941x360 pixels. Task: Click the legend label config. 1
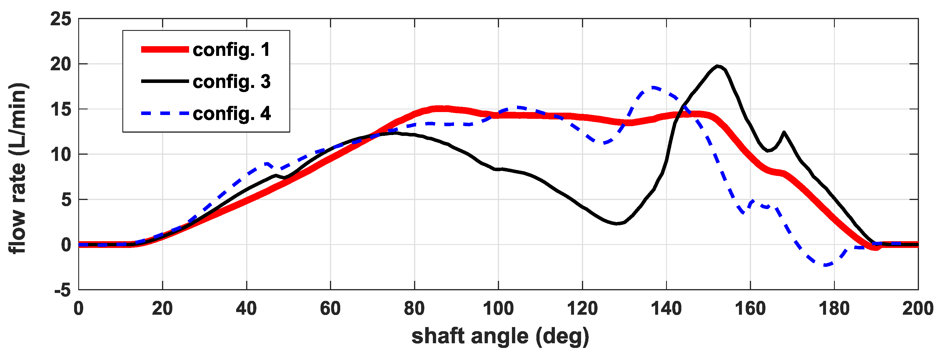click(x=231, y=50)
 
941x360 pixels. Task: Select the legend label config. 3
click(x=231, y=81)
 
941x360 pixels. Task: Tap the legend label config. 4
click(x=231, y=114)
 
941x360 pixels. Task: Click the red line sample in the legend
click(x=165, y=50)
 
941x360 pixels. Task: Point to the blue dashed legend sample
click(x=165, y=114)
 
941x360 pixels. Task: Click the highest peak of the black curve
click(x=718, y=66)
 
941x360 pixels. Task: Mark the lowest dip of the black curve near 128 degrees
click(x=617, y=224)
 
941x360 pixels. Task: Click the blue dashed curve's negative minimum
click(x=826, y=265)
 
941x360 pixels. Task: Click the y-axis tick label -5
click(x=62, y=291)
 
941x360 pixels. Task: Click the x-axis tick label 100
click(x=498, y=309)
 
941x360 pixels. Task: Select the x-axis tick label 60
click(x=330, y=309)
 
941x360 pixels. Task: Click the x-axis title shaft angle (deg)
click(x=500, y=336)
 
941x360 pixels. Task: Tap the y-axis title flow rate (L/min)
click(x=18, y=168)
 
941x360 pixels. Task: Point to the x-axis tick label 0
click(x=79, y=309)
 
